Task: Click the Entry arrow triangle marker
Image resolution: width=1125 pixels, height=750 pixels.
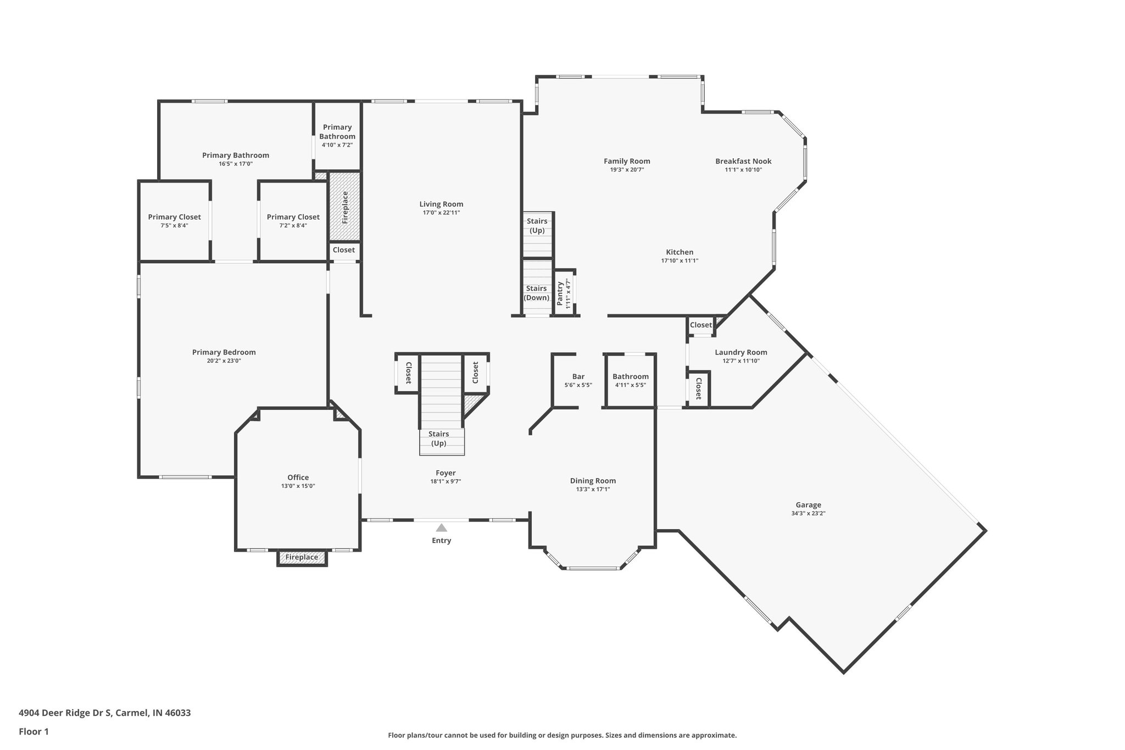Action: pyautogui.click(x=441, y=527)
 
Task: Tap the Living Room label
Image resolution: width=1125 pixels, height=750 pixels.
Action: pyautogui.click(x=441, y=204)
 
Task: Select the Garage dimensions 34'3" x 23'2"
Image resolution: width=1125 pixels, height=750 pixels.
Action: pyautogui.click(x=808, y=514)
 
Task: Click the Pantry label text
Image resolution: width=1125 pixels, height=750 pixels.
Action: pyautogui.click(x=560, y=294)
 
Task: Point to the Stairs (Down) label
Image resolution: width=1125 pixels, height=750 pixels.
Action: pyautogui.click(x=536, y=293)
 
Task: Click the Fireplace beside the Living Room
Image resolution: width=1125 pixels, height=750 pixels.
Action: pyautogui.click(x=345, y=207)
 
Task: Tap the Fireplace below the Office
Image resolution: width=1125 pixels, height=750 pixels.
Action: pyautogui.click(x=302, y=557)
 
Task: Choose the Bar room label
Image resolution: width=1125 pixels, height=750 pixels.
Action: pyautogui.click(x=578, y=376)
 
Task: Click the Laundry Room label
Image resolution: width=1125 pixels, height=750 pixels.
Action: pyautogui.click(x=740, y=352)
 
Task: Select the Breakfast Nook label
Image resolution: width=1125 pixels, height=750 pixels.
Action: pyautogui.click(x=743, y=161)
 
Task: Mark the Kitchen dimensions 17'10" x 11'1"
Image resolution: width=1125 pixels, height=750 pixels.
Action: pyautogui.click(x=680, y=261)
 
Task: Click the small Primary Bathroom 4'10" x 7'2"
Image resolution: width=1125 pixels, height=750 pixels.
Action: pyautogui.click(x=337, y=136)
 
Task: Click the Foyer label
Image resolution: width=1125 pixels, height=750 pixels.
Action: pyautogui.click(x=445, y=473)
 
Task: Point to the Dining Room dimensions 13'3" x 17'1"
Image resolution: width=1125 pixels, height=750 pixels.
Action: pyautogui.click(x=593, y=489)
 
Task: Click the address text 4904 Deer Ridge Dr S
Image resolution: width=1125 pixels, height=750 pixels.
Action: pyautogui.click(x=66, y=713)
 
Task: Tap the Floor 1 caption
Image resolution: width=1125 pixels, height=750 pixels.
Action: pyautogui.click(x=34, y=731)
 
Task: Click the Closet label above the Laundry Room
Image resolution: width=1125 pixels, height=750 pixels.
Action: pyautogui.click(x=700, y=325)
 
